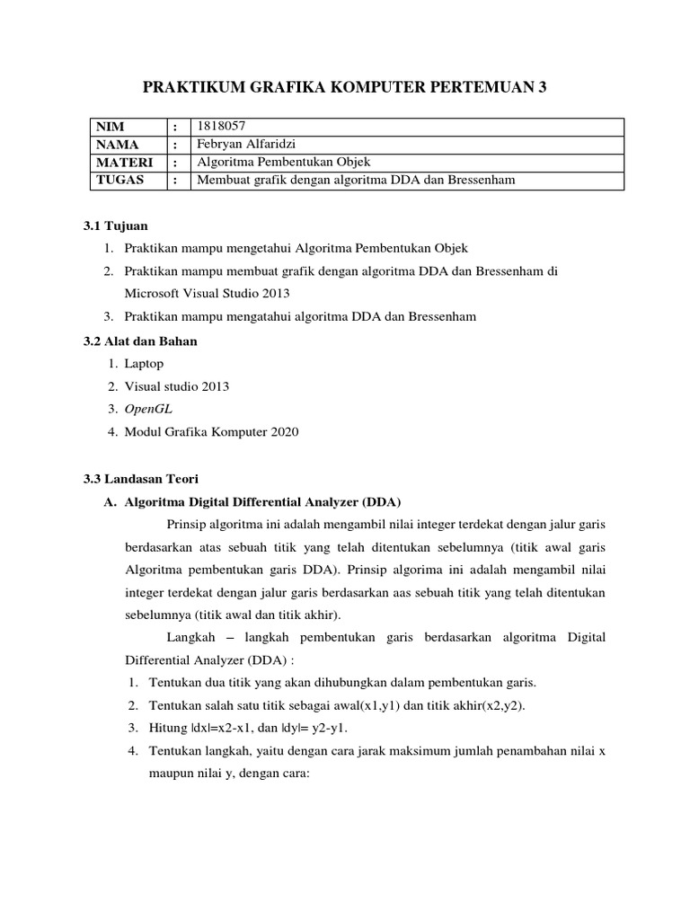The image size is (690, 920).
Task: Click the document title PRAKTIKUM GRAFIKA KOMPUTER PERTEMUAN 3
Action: click(x=344, y=87)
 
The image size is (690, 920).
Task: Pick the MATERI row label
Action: click(x=124, y=163)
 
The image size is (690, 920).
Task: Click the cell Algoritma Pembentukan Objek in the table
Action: click(x=284, y=163)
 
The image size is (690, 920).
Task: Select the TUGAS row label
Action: click(x=119, y=181)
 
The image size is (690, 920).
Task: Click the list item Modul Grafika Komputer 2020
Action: click(x=211, y=432)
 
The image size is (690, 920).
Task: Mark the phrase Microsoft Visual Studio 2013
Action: click(x=208, y=294)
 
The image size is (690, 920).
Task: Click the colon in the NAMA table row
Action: click(x=176, y=145)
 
